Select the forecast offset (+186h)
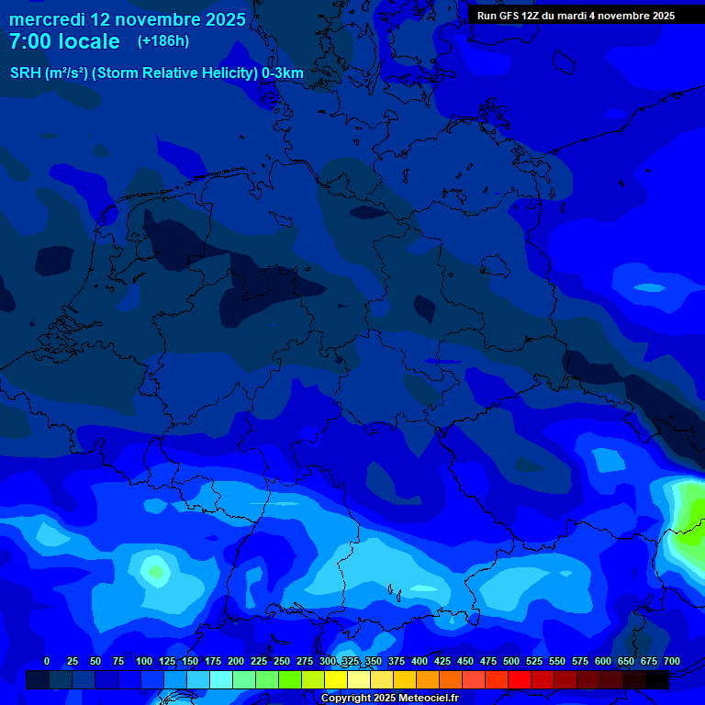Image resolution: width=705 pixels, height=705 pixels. pos(162,41)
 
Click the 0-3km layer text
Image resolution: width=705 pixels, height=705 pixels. pos(283,73)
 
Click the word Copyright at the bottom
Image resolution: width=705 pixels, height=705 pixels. pos(346,699)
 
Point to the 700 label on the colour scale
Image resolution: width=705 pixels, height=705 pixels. pos(671,661)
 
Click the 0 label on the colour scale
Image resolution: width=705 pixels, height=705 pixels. pos(47,661)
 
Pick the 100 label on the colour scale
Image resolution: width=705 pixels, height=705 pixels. pos(143,661)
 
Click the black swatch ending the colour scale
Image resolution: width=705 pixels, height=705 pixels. pos(657,679)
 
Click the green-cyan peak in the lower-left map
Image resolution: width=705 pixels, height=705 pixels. pos(154,572)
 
